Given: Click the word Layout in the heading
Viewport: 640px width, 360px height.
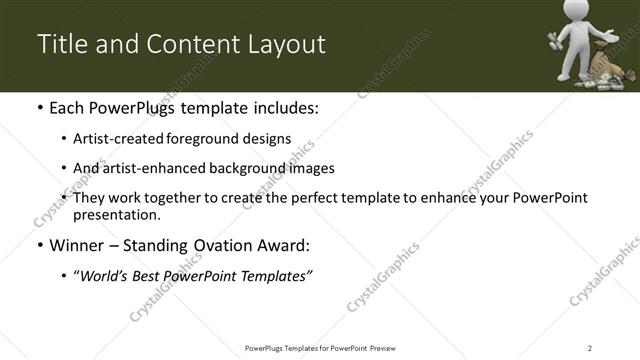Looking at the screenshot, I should [x=286, y=45].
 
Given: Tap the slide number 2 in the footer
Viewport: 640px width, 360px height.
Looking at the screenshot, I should [x=590, y=347].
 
